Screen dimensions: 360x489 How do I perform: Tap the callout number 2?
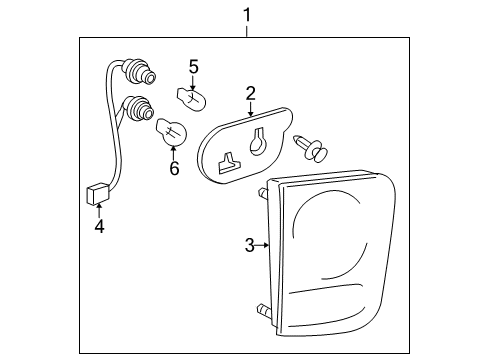point(251,93)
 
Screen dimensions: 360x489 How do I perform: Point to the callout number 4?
point(99,227)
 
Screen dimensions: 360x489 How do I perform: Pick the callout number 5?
point(194,67)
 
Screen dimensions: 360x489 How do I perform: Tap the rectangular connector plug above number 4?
point(96,192)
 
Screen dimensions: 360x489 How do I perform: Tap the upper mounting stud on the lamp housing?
point(262,192)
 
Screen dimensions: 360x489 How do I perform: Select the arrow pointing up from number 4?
point(99,211)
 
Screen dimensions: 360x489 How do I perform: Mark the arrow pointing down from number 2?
point(251,109)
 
